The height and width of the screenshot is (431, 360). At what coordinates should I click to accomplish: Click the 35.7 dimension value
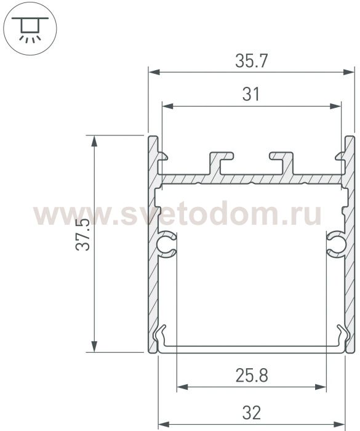[x=251, y=61]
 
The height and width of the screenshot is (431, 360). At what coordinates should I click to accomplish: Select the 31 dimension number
[x=251, y=94]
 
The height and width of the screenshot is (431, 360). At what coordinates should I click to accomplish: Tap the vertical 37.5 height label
[x=82, y=235]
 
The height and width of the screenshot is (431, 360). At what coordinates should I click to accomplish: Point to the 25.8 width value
[x=252, y=376]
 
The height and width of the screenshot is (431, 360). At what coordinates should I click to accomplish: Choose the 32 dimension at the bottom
[x=252, y=413]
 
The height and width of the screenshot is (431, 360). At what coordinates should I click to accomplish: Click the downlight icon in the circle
[x=30, y=28]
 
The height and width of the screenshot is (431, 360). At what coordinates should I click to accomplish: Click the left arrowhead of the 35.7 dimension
[x=154, y=72]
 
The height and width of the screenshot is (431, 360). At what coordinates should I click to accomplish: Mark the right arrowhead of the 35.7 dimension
[x=348, y=72]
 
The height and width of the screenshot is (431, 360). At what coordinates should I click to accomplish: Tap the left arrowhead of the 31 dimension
[x=168, y=106]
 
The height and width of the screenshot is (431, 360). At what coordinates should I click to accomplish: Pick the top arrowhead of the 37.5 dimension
[x=94, y=141]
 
